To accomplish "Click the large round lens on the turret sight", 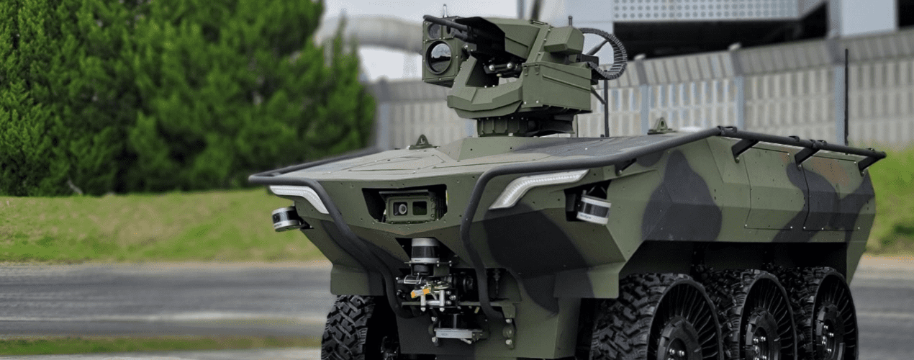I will point(439,57).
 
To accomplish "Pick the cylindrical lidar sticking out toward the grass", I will point(286,218).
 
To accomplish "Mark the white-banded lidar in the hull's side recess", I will point(594,209).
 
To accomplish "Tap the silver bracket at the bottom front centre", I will point(458,333).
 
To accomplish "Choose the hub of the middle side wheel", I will point(763,331).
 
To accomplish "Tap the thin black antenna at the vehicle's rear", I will point(846,94).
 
